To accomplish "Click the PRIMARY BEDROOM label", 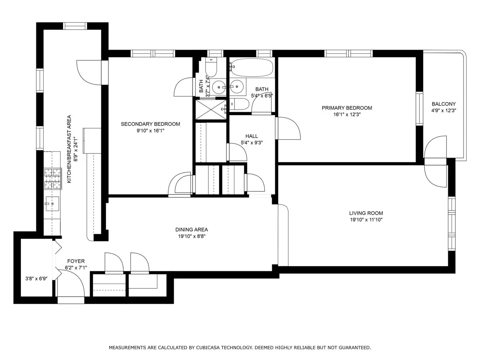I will [347, 108].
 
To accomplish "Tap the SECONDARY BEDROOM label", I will [150, 124].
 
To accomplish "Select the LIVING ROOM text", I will [366, 213].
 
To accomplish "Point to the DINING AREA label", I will [191, 230].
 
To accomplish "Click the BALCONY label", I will [443, 104].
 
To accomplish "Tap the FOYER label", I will [76, 261].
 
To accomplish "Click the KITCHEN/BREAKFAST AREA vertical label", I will [69, 149].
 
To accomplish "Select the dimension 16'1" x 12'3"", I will [347, 114].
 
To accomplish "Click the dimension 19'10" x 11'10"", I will [366, 220].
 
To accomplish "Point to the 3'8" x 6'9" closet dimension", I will [36, 279].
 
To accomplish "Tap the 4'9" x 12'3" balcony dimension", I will [443, 111].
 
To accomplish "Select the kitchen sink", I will [52, 204].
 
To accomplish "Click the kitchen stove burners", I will [53, 178].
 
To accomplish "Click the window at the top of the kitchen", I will [75, 26].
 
